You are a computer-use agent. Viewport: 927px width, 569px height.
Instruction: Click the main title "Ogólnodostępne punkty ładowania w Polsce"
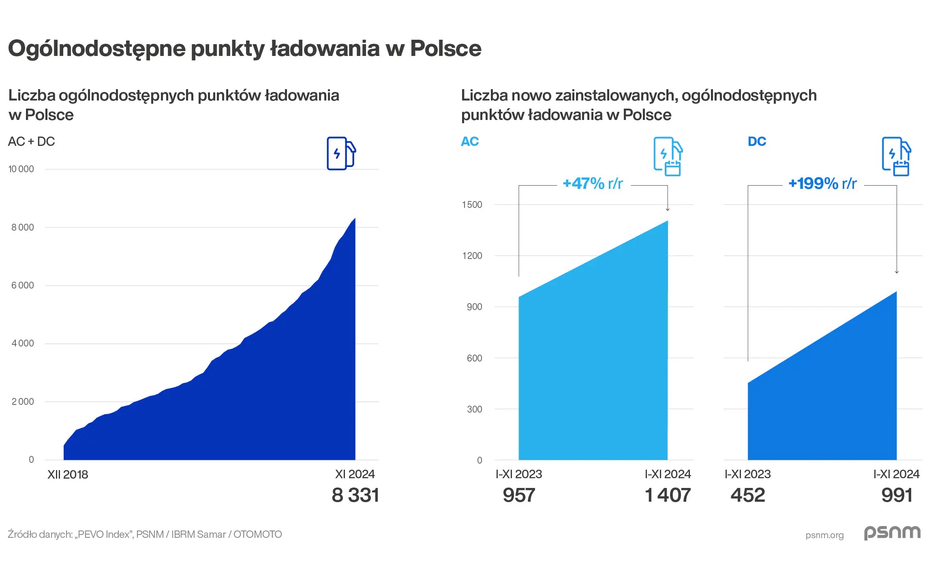pos(244,49)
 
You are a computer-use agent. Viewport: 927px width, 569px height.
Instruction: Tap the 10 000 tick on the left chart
pos(21,169)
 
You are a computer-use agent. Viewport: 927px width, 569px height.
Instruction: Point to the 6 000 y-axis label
pos(23,285)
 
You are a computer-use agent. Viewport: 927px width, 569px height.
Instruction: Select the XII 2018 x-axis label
pos(67,475)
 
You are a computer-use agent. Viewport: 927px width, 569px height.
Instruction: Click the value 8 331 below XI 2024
pos(355,495)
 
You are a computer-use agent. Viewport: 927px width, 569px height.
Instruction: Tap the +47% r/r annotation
pos(593,184)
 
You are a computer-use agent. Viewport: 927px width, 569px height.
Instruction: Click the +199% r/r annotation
pos(822,184)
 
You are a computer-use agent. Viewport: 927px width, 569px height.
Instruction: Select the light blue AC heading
pos(470,141)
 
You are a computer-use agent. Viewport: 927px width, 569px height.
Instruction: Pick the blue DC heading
pos(757,141)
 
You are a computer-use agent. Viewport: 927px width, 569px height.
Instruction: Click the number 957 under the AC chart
pos(519,495)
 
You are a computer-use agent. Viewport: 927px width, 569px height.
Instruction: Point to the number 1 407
pos(668,495)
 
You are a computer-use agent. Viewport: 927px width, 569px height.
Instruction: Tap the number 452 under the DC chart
pos(747,495)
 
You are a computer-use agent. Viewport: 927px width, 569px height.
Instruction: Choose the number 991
pos(897,495)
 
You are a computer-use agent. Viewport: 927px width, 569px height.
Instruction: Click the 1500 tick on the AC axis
pos(472,205)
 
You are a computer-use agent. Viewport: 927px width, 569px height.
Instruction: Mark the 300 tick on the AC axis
pos(474,409)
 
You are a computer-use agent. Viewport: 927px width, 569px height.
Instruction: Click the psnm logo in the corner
pos(892,533)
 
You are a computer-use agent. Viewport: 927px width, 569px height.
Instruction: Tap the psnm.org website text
pos(824,535)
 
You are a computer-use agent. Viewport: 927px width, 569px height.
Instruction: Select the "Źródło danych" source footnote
pos(145,534)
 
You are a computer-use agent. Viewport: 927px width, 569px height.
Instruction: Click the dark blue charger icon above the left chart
pos(341,154)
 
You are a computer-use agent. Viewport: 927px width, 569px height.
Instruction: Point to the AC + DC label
pos(31,141)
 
